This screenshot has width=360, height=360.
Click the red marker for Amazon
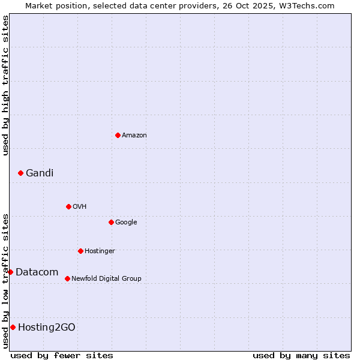pyautogui.click(x=118, y=135)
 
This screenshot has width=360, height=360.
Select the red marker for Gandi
pyautogui.click(x=20, y=173)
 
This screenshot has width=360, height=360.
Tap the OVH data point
pyautogui.click(x=68, y=206)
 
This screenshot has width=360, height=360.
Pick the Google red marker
pyautogui.click(x=111, y=222)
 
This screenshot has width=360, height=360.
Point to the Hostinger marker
pyautogui.click(x=80, y=251)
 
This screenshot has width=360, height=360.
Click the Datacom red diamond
pyautogui.click(x=10, y=272)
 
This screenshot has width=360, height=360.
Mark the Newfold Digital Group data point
pyautogui.click(x=67, y=278)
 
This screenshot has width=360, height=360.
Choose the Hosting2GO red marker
pyautogui.click(x=13, y=327)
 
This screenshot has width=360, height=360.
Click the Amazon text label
pyautogui.click(x=134, y=136)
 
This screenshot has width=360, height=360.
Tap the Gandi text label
pyautogui.click(x=40, y=173)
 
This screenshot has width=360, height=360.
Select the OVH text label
pyautogui.click(x=80, y=207)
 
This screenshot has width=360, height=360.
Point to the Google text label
pyautogui.click(x=126, y=223)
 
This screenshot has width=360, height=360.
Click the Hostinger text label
pyautogui.click(x=100, y=251)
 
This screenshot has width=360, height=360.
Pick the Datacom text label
pyautogui.click(x=37, y=272)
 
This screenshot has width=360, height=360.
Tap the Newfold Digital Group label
pyautogui.click(x=106, y=279)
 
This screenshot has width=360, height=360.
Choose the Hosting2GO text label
pyautogui.click(x=47, y=328)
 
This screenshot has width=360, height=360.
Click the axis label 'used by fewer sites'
pyautogui.click(x=62, y=355)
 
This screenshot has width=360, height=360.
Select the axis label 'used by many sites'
pyautogui.click(x=301, y=355)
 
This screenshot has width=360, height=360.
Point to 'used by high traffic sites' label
pyautogui.click(x=5, y=85)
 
